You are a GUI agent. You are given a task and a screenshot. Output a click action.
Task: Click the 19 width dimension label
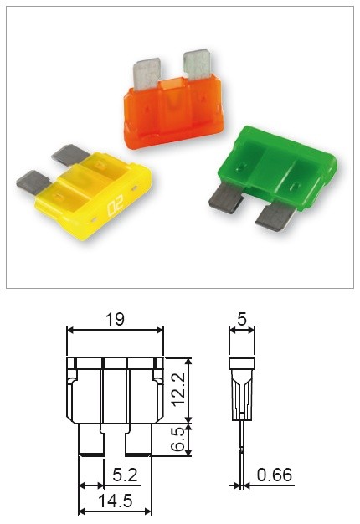click(x=115, y=319)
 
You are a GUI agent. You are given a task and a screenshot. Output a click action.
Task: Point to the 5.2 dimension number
click(x=125, y=475)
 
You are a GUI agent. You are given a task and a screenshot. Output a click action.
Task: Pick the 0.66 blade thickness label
click(x=275, y=475)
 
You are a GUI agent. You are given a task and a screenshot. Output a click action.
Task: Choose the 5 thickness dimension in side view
click(x=242, y=319)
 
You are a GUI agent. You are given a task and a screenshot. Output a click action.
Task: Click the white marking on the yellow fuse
click(x=116, y=204)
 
